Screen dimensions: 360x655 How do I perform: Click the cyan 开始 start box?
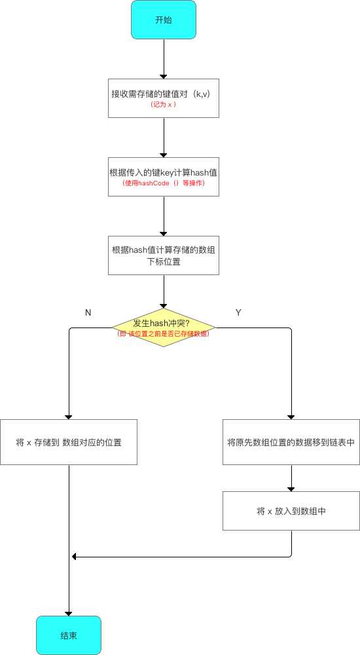(x=163, y=20)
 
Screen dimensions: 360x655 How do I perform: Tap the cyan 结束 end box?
(x=69, y=635)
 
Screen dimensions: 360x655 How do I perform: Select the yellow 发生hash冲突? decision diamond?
(x=163, y=328)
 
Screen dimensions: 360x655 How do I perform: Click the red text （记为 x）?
(x=163, y=105)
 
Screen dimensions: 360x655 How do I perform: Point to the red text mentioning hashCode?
(x=163, y=183)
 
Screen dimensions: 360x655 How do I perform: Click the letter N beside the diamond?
(x=88, y=312)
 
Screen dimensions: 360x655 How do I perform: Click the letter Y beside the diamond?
(x=238, y=312)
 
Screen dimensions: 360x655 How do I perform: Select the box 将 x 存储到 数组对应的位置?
(x=69, y=442)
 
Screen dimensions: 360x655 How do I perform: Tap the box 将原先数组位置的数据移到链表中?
(x=291, y=442)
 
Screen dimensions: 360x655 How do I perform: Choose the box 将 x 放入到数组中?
(x=291, y=511)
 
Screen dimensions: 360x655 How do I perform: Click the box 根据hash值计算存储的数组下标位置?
(x=163, y=255)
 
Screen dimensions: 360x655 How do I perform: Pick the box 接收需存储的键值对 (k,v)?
(x=163, y=98)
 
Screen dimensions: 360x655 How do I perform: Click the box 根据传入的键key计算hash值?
(x=163, y=177)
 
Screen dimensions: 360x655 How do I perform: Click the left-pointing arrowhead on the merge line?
(x=75, y=557)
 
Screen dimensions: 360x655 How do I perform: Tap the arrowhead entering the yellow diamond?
(x=163, y=306)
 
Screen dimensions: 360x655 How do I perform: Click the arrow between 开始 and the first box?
(x=163, y=59)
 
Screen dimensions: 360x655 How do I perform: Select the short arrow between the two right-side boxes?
(x=291, y=478)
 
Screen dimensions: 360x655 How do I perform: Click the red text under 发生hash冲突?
(x=163, y=334)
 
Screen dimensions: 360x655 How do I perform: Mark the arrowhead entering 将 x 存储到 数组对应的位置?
(x=69, y=417)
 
